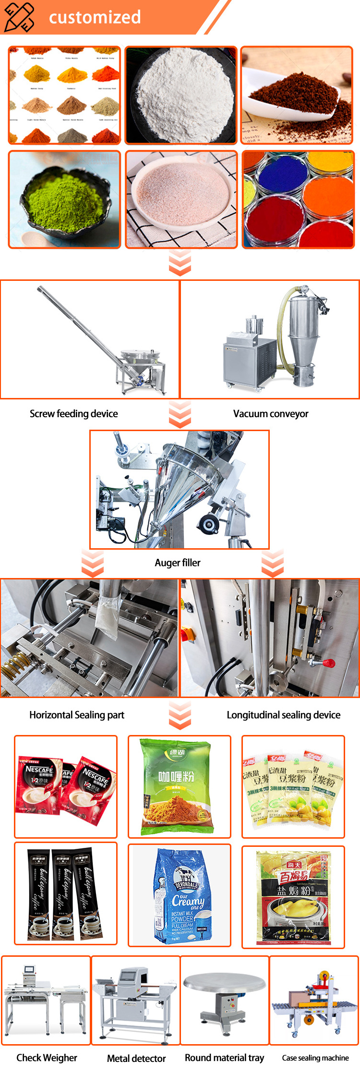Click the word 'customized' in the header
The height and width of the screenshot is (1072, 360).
95,17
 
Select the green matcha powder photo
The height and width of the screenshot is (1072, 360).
64,199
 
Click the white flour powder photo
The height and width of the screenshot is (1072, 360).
181,95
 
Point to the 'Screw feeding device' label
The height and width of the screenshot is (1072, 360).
73,414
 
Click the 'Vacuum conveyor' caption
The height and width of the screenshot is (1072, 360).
271,414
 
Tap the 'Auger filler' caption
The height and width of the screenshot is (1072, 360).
178,563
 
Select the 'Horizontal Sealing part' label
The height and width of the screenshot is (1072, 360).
77,715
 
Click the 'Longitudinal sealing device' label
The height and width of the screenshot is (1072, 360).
283,715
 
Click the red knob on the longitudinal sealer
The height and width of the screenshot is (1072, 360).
328,663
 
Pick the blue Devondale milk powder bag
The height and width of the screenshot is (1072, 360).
180,896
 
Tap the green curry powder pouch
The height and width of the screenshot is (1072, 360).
177,786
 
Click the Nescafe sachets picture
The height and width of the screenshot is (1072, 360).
66,786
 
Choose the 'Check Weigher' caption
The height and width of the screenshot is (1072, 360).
47,1058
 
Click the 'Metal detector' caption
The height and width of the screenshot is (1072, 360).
136,1058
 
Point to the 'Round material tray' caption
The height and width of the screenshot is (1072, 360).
224,1058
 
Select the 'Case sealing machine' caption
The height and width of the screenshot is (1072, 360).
315,1058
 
